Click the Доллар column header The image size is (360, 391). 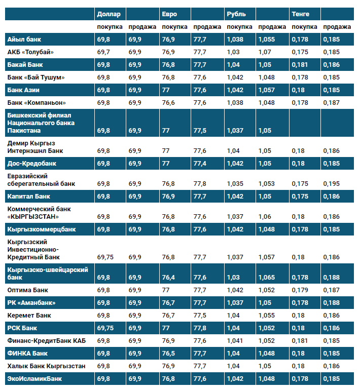(x=109, y=14)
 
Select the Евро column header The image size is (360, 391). (x=169, y=14)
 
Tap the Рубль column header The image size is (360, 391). (x=236, y=14)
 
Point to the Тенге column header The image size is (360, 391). (x=300, y=14)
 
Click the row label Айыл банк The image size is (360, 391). (x=24, y=40)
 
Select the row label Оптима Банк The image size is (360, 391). (x=28, y=290)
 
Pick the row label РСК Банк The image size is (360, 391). (x=22, y=328)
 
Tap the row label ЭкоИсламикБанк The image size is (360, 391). (x=34, y=379)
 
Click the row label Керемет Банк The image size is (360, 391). (x=29, y=316)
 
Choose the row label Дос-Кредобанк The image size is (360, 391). (x=32, y=164)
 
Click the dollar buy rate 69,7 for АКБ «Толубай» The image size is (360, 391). (x=103, y=52)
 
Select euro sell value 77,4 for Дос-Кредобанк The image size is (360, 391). (x=200, y=164)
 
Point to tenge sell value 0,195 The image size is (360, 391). (x=331, y=184)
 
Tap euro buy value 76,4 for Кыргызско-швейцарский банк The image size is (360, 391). (x=168, y=278)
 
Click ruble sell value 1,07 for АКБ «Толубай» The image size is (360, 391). (x=265, y=52)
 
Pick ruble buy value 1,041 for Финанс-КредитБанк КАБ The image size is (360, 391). (x=235, y=341)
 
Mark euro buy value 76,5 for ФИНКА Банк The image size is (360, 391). (x=168, y=354)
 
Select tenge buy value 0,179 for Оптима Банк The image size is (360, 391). (x=300, y=290)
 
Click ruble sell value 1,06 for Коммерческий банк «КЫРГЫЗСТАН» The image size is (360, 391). (x=265, y=217)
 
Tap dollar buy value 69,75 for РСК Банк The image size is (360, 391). (x=105, y=328)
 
